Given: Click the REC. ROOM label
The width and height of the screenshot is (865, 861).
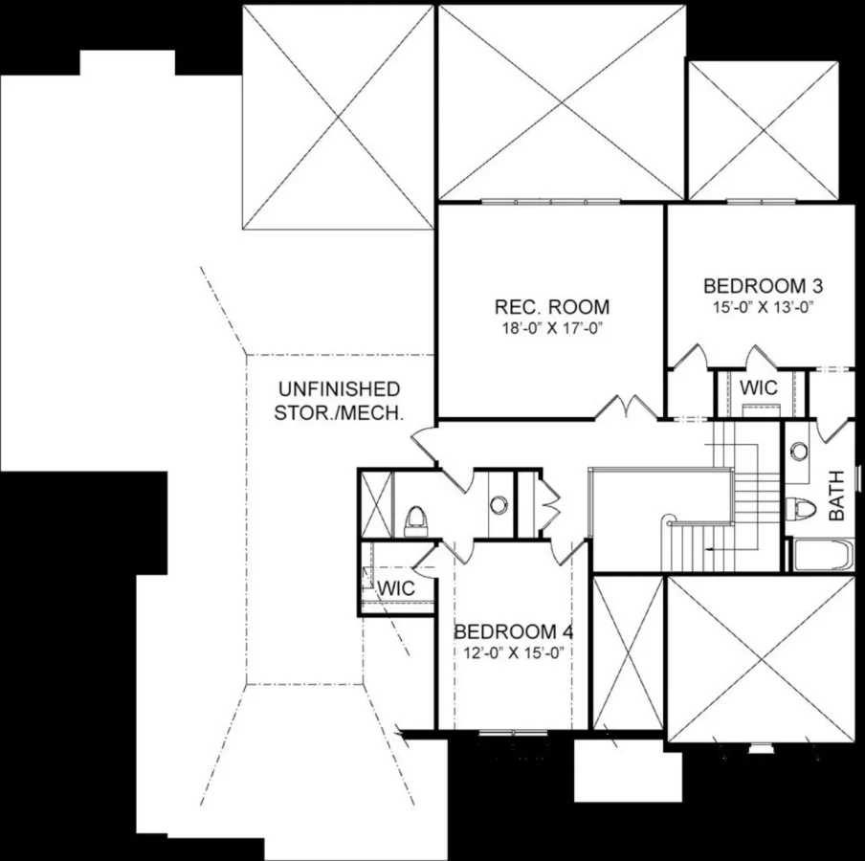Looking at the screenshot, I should click(x=552, y=307).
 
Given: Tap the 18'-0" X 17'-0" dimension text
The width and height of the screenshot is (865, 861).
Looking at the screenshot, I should click(x=552, y=328).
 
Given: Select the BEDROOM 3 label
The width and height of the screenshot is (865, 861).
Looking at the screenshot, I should click(x=764, y=285).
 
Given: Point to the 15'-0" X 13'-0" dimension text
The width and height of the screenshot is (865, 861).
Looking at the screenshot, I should click(x=764, y=307).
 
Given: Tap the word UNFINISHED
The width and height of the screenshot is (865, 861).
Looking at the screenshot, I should click(x=338, y=389).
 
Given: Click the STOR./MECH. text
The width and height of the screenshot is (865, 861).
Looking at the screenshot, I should click(x=338, y=413).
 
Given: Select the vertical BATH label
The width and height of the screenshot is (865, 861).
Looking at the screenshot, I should click(x=836, y=495).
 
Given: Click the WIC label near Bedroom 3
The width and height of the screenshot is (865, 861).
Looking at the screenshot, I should click(x=759, y=388).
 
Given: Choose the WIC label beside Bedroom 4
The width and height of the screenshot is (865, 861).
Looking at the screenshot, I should click(x=396, y=588).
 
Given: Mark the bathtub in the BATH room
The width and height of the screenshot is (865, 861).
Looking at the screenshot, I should click(x=820, y=555).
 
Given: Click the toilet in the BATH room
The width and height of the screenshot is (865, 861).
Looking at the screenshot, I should click(x=798, y=507).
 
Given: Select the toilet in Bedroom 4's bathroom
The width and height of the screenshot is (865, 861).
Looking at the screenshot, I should click(x=415, y=520).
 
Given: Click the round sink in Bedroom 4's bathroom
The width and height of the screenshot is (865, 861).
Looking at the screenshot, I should click(x=498, y=503).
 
